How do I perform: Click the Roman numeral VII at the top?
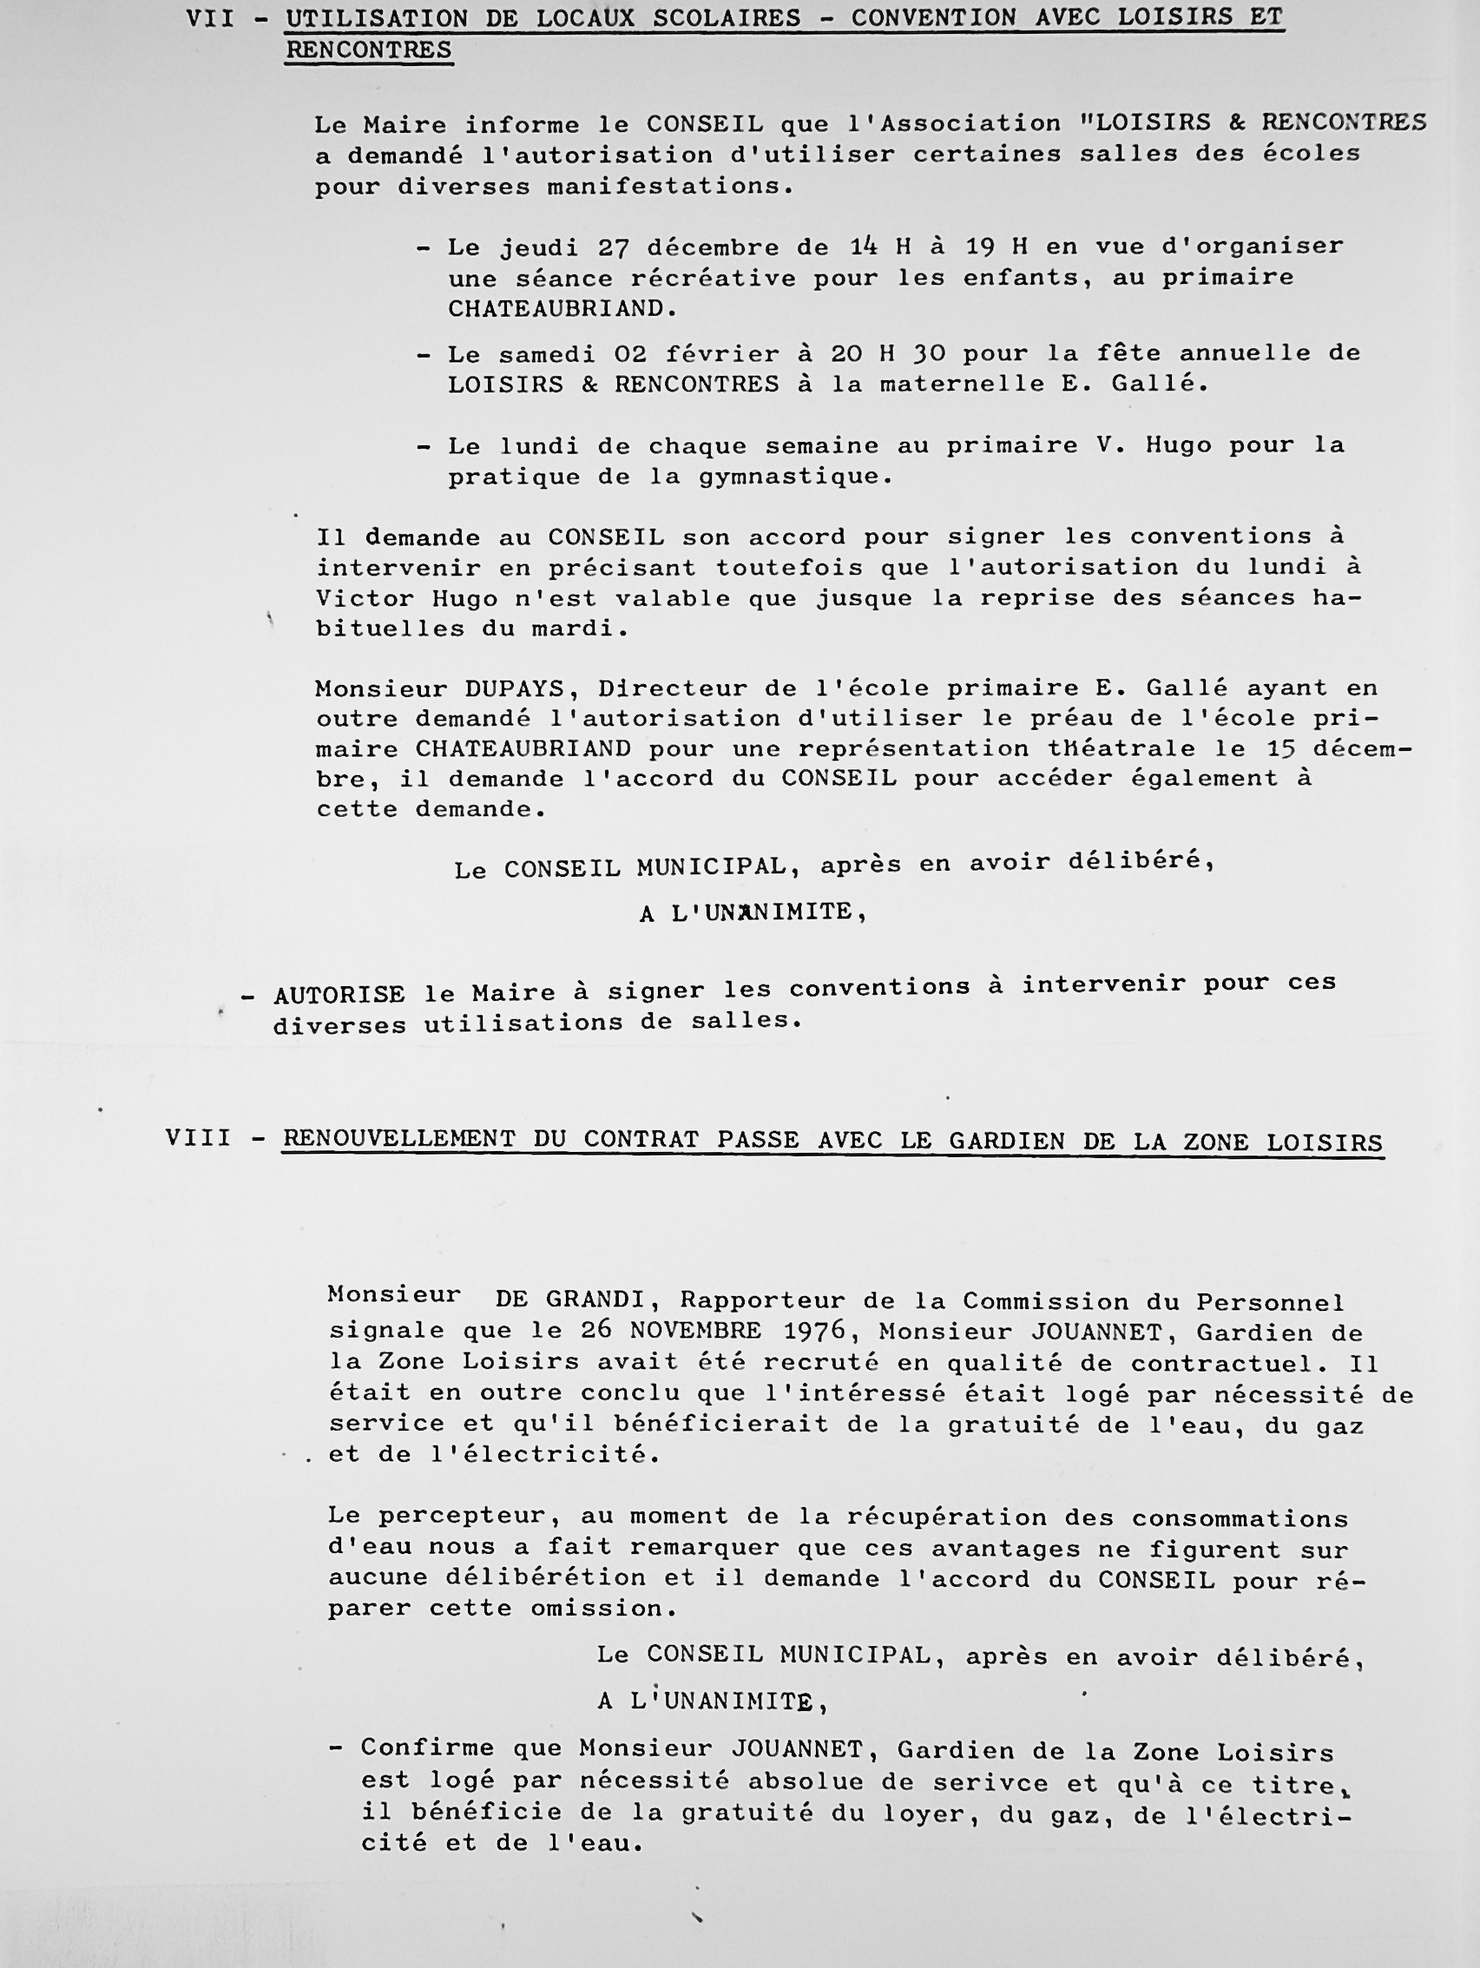click(210, 20)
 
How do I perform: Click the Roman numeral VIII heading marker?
click(197, 1139)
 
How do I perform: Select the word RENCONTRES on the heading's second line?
click(368, 50)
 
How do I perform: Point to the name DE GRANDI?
click(570, 1300)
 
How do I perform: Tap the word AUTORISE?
click(339, 995)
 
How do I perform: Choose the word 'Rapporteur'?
click(762, 1300)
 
